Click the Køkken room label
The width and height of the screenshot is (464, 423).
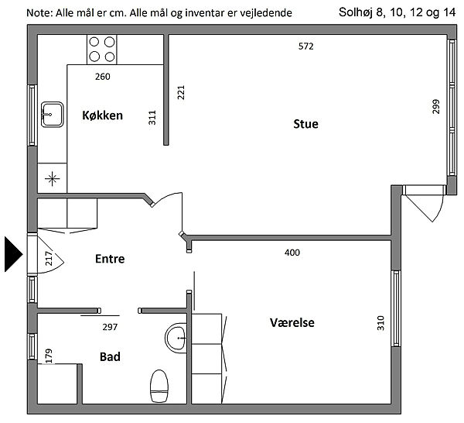point(102,115)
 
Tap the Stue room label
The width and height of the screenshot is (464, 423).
point(305,124)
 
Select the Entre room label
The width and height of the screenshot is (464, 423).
point(110,259)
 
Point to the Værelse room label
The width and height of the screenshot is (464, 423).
point(292,322)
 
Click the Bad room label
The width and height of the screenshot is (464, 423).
point(110,356)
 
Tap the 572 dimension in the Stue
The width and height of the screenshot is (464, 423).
point(306,46)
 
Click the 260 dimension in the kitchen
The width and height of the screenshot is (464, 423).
point(103,77)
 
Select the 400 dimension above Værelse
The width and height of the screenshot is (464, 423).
point(292,253)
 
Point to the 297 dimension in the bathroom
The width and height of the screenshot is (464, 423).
point(110,327)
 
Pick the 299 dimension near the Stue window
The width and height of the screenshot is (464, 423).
point(436,107)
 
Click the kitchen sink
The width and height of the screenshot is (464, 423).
point(52,115)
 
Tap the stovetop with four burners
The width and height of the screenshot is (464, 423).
point(102,50)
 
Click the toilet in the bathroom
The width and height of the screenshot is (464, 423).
point(159,386)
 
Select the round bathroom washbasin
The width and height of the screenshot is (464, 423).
point(176,338)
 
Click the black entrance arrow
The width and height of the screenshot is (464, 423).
point(14,254)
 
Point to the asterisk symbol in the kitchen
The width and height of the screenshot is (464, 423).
point(52,179)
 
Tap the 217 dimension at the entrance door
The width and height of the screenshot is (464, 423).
point(49,259)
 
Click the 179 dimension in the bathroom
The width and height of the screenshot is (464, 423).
point(49,356)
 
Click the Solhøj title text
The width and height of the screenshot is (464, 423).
point(356,12)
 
